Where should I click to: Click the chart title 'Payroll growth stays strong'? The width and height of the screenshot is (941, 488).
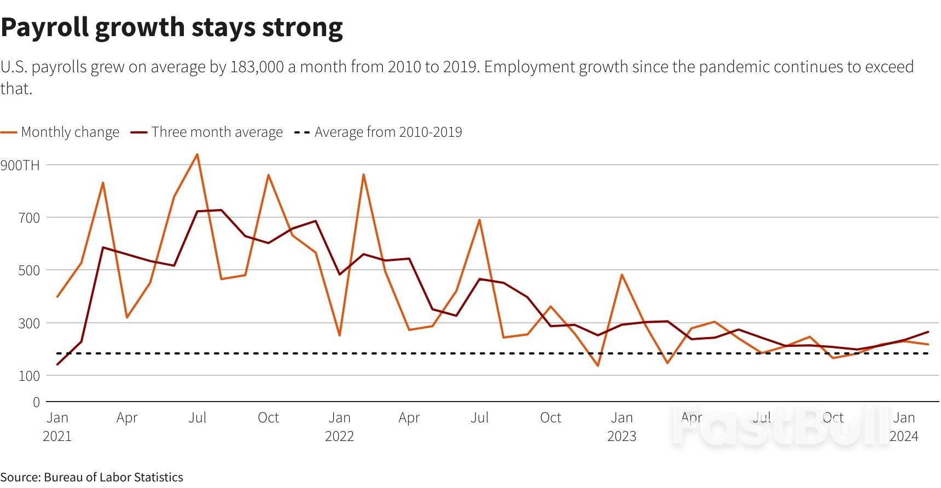click(x=172, y=27)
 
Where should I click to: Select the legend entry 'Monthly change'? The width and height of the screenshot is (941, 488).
click(x=69, y=132)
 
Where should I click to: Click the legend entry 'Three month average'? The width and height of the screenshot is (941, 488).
click(x=217, y=132)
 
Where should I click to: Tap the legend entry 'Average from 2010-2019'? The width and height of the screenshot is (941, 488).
click(x=388, y=132)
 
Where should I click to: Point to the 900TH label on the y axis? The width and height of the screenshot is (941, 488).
click(x=20, y=165)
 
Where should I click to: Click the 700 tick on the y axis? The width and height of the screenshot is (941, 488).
click(x=29, y=218)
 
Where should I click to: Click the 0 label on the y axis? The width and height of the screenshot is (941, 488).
click(x=36, y=403)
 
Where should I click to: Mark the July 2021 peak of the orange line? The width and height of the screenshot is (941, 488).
click(x=198, y=154)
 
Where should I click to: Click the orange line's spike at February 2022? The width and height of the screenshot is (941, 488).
click(x=363, y=175)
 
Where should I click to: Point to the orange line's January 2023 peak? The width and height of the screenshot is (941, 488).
click(x=622, y=275)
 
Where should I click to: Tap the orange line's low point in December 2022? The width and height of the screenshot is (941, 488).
click(x=598, y=365)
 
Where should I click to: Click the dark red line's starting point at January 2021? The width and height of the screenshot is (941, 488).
click(x=57, y=364)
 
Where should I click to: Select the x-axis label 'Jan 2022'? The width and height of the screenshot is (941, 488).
click(x=339, y=427)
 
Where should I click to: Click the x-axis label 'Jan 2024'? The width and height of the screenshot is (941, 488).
click(x=904, y=427)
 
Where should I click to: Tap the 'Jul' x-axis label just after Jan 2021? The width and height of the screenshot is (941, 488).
click(x=198, y=418)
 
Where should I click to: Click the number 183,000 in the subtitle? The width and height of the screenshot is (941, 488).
click(x=257, y=67)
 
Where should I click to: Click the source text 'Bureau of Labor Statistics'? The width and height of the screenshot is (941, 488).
click(x=113, y=478)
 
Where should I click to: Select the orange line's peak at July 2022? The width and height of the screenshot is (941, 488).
click(x=480, y=220)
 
